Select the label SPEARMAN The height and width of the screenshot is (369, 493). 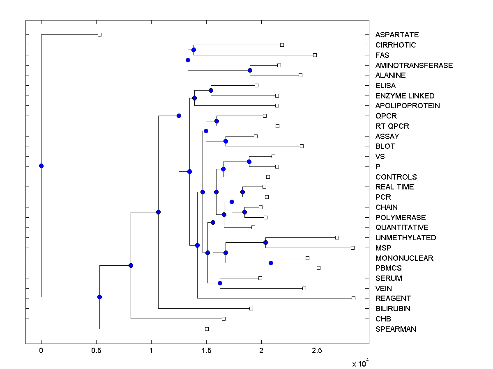click(396, 329)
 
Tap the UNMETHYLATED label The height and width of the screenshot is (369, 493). click(405, 238)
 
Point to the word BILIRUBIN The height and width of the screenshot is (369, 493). click(393, 309)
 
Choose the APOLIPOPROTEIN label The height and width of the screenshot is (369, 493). click(408, 106)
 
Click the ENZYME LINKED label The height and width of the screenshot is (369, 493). click(405, 96)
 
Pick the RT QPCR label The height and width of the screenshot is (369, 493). click(392, 126)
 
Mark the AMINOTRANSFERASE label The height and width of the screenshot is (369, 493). click(414, 66)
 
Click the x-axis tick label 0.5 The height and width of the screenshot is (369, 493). click(96, 351)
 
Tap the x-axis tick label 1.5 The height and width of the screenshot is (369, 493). click(206, 351)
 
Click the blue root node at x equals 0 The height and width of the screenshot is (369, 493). click(41, 166)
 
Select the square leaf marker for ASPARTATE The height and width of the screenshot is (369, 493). click(99, 35)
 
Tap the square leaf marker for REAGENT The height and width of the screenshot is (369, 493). click(353, 298)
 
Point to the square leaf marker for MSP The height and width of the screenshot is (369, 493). click(352, 248)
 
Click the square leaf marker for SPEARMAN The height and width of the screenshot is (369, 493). click(207, 329)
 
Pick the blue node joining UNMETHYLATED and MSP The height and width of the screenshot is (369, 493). click(265, 242)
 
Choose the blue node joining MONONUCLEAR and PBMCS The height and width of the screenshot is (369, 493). click(271, 263)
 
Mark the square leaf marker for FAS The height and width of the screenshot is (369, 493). click(315, 55)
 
